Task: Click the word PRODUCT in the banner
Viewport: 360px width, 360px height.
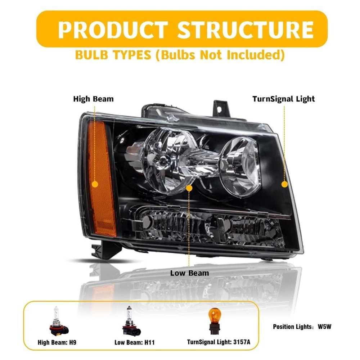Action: tap(113, 30)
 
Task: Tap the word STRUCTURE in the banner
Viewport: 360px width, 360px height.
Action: tap(245, 30)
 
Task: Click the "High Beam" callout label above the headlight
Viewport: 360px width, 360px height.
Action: tap(93, 99)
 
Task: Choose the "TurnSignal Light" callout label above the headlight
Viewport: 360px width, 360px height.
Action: tap(283, 99)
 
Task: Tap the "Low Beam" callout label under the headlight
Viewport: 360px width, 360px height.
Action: tap(189, 273)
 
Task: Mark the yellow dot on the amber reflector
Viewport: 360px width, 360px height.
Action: tap(95, 184)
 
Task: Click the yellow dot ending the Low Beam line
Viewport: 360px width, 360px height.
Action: tap(190, 188)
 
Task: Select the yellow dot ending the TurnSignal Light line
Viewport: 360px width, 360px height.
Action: tap(284, 184)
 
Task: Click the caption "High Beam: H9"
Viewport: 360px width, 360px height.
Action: tap(57, 342)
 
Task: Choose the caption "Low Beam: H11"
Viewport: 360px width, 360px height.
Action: tap(134, 342)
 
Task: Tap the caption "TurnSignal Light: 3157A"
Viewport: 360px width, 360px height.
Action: tap(219, 342)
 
